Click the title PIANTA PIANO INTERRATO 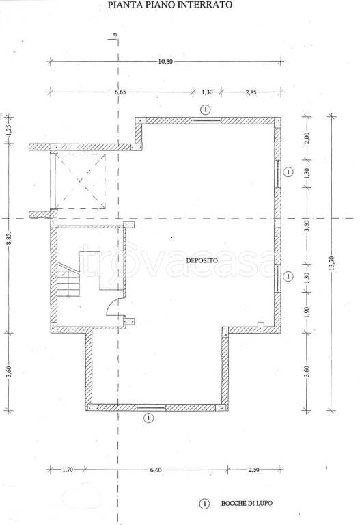[x=169, y=5]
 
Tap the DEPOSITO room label [x=202, y=260]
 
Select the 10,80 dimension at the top [x=165, y=62]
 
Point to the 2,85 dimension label [x=251, y=92]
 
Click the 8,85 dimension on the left [x=9, y=238]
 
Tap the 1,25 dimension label [x=9, y=130]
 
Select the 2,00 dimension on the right [x=307, y=137]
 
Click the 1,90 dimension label [x=307, y=312]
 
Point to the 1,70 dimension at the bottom [x=67, y=470]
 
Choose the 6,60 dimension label [x=156, y=470]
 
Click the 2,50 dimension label [x=253, y=470]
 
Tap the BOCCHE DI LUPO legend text [x=247, y=503]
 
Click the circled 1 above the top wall [x=206, y=109]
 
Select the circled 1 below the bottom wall [x=148, y=418]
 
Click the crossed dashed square [x=81, y=180]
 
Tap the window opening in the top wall [x=207, y=120]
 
